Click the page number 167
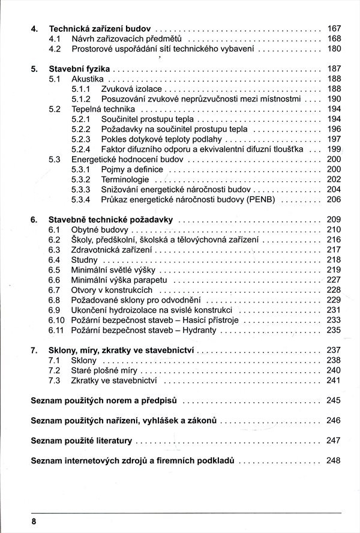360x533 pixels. coord(334,28)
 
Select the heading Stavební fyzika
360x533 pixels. coord(79,69)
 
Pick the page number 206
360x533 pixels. coord(334,199)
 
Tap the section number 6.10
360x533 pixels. coord(56,320)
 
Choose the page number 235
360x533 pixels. coord(334,330)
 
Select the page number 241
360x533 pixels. coord(334,380)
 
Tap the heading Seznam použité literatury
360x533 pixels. coord(81,441)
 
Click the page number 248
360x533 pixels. coord(334,461)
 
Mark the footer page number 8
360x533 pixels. coord(35,522)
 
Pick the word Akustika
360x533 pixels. coord(88,79)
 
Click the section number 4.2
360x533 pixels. coord(53,49)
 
